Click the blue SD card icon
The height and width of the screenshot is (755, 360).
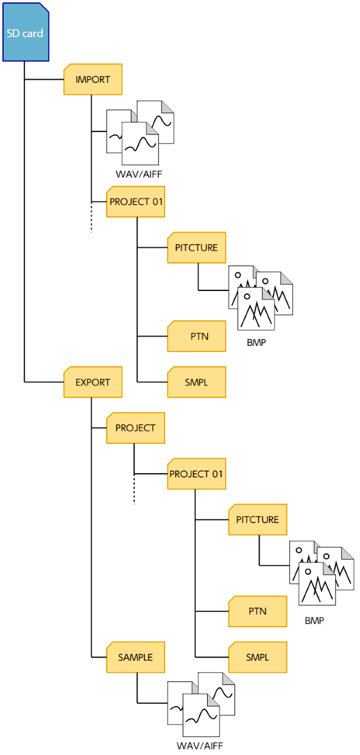click(x=26, y=32)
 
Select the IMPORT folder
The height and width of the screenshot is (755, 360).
click(x=93, y=79)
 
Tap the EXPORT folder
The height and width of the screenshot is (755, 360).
click(x=93, y=382)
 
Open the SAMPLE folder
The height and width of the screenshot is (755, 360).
click(x=135, y=657)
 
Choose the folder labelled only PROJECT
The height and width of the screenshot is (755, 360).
click(x=135, y=427)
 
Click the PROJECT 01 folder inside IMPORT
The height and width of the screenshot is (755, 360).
click(x=135, y=202)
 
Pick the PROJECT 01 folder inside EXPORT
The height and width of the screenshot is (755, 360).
click(x=197, y=474)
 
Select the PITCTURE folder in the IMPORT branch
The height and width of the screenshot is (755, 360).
click(x=197, y=247)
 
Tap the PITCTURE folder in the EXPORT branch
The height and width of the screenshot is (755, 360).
click(x=258, y=519)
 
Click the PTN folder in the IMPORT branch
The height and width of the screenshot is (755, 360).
click(x=197, y=336)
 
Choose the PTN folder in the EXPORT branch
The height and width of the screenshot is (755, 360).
click(x=258, y=611)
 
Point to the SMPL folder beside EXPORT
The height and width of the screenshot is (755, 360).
click(x=197, y=382)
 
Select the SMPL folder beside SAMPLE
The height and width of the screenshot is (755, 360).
click(x=258, y=657)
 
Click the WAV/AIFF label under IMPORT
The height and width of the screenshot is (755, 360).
click(x=139, y=174)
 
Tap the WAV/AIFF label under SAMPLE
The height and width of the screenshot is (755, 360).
click(x=200, y=745)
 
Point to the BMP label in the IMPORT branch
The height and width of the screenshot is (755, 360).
click(x=256, y=342)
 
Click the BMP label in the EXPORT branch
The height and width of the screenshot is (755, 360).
click(x=314, y=620)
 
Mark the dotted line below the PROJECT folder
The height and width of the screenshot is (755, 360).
click(x=134, y=489)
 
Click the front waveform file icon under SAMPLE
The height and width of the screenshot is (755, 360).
click(x=201, y=715)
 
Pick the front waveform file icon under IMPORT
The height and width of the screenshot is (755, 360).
click(x=140, y=143)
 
